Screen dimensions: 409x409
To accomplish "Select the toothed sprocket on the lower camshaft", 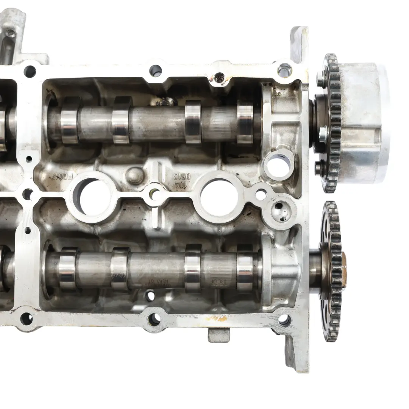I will pyautogui.click(x=330, y=265).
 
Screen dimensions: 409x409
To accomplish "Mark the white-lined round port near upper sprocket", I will pyautogui.click(x=278, y=165).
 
